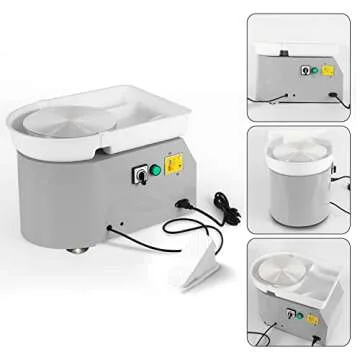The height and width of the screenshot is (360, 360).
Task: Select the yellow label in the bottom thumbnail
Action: click(x=312, y=319)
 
